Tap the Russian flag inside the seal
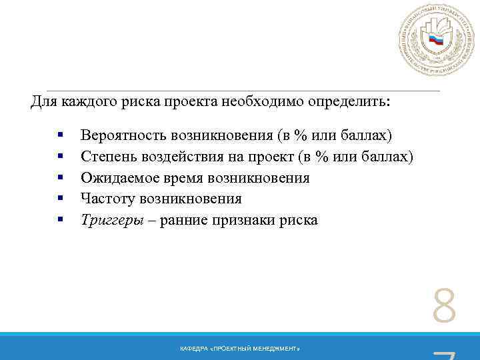(436, 41)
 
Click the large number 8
(445, 307)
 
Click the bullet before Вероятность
(61, 136)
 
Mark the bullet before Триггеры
(61, 219)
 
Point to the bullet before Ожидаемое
(61, 178)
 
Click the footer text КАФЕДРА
(194, 349)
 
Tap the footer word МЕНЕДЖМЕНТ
(280, 349)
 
